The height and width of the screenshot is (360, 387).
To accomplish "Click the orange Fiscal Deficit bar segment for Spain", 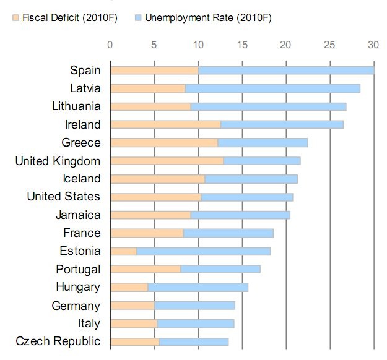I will point(154,70).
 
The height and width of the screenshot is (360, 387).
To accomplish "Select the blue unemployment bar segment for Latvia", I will point(272,88).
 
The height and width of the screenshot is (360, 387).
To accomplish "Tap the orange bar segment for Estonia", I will point(123,251).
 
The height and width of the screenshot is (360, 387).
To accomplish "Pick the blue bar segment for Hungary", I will point(198,287).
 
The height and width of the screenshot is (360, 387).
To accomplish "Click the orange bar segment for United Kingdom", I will point(167,161).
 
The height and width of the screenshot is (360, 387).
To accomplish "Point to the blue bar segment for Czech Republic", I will point(194,341).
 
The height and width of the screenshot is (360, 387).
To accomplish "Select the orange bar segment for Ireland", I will point(165,124).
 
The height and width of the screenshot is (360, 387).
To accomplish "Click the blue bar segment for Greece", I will point(263,143).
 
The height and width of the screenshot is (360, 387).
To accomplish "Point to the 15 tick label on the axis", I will point(242,45).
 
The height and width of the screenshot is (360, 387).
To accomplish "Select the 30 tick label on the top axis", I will point(372,45).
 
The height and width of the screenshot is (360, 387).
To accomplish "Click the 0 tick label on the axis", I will point(110,45).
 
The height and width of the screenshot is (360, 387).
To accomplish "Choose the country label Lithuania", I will point(76,106).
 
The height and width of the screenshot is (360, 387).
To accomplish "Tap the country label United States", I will point(63,197).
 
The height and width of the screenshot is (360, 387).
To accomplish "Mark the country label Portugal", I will point(77,270).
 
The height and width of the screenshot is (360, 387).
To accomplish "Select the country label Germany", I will point(76,306).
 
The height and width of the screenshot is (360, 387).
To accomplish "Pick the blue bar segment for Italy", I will point(196,324).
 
